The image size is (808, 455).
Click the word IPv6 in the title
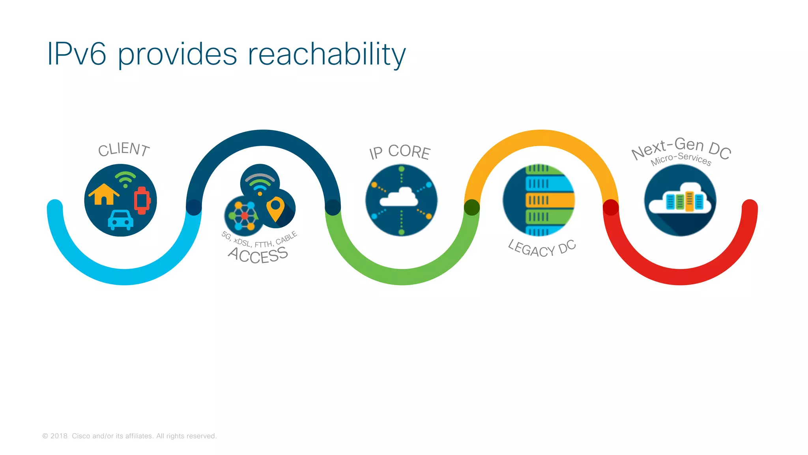(x=77, y=54)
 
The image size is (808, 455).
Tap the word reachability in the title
(x=327, y=55)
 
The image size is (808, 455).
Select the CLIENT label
(x=124, y=149)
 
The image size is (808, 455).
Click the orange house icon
(x=104, y=194)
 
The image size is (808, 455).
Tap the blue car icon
(x=121, y=220)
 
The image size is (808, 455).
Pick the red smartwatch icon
(x=142, y=200)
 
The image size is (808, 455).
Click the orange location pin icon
(x=275, y=209)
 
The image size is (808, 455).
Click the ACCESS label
(x=258, y=255)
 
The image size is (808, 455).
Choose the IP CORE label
(x=400, y=152)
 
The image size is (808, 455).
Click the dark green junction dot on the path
(x=472, y=207)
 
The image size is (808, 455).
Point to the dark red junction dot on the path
(x=611, y=207)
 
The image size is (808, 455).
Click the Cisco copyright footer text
(x=129, y=436)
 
